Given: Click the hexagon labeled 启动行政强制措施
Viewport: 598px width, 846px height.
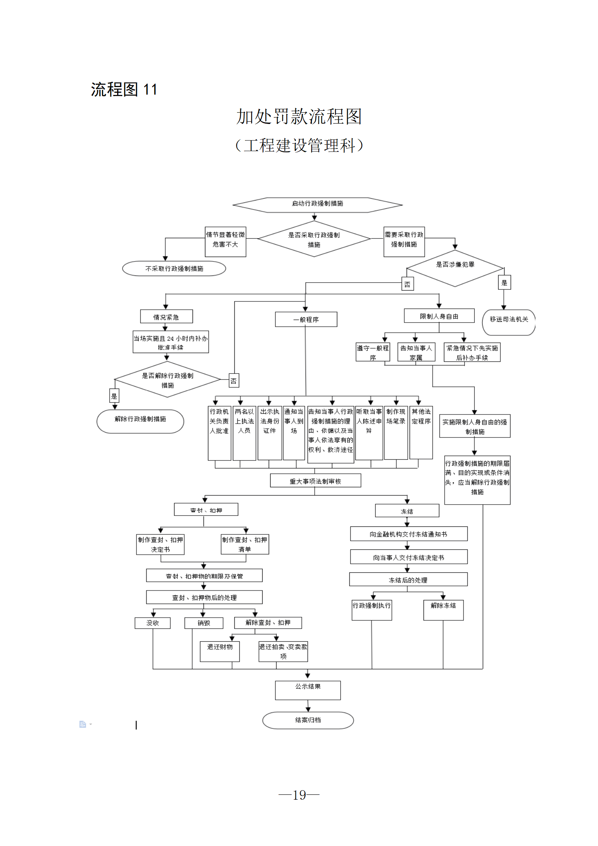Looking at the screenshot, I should pos(317,205).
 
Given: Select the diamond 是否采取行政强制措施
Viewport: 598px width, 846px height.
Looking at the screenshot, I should pos(314,239).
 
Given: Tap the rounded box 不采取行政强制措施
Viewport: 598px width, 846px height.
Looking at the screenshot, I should pos(174,268).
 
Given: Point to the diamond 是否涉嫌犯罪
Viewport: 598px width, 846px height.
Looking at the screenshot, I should pos(455,268).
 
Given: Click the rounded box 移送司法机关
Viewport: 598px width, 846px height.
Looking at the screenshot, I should pos(509,322).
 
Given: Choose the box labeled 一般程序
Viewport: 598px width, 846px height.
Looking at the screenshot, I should pos(306,319).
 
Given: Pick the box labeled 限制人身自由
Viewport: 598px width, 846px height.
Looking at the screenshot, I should pos(439,316).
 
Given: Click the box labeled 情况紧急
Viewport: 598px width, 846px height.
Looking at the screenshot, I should pos(166,317).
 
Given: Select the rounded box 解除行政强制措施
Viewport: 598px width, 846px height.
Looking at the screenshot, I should pos(140,421).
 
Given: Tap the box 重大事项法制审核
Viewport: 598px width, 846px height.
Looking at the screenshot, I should pos(315,480).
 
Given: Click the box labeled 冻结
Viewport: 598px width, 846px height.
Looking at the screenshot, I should pos(407,511).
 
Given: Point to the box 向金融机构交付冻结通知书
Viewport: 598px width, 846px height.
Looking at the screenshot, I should pos(408,534).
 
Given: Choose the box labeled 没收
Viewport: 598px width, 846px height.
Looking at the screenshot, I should pos(153,623).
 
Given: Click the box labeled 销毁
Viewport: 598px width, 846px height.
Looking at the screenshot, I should pos(203,623).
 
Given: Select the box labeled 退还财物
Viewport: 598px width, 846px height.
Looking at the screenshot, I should pos(220,651).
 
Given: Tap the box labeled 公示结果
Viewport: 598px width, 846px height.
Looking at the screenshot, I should pos(308,690).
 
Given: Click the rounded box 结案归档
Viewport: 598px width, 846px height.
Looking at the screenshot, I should pos(308,720).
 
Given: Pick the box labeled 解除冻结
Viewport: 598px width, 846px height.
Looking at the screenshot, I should pos(443,610).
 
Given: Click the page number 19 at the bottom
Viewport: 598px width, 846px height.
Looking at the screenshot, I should pos(299,795).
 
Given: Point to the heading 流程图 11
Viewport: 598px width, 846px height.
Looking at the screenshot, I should pos(124,90).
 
